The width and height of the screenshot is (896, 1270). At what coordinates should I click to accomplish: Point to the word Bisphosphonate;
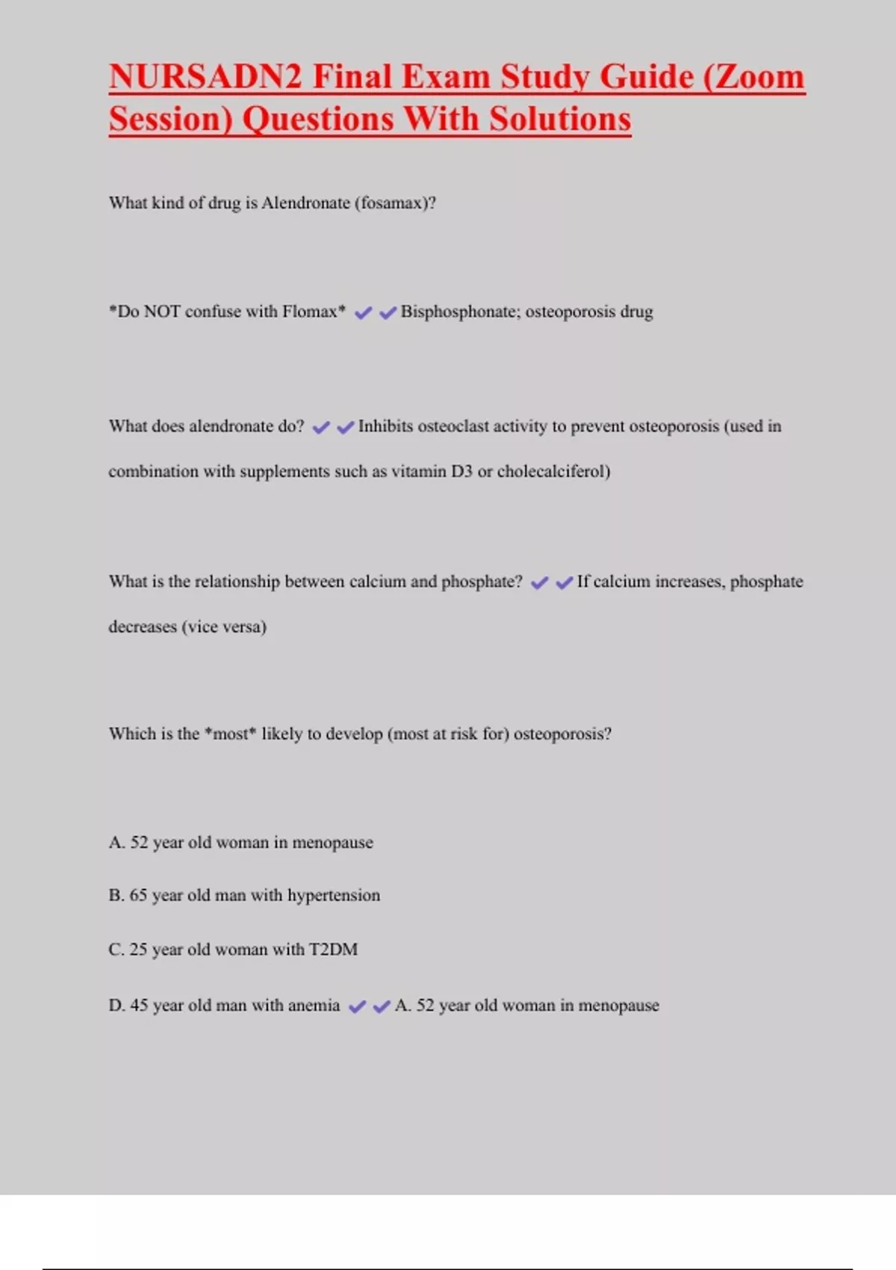click(x=460, y=312)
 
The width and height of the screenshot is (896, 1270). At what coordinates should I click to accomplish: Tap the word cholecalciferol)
click(x=553, y=471)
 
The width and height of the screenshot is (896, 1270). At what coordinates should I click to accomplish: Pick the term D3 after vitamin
click(x=461, y=471)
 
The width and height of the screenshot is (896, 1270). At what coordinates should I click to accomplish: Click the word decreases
click(x=143, y=627)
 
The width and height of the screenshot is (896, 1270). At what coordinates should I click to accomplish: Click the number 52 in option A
click(x=139, y=843)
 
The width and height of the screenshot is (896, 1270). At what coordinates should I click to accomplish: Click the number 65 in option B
click(x=139, y=896)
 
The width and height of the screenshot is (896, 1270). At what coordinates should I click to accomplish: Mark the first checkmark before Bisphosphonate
click(x=363, y=313)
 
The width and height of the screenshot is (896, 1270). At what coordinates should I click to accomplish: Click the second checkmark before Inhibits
click(x=345, y=427)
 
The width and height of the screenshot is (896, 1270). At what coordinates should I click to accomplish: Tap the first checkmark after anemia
click(x=357, y=1006)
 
